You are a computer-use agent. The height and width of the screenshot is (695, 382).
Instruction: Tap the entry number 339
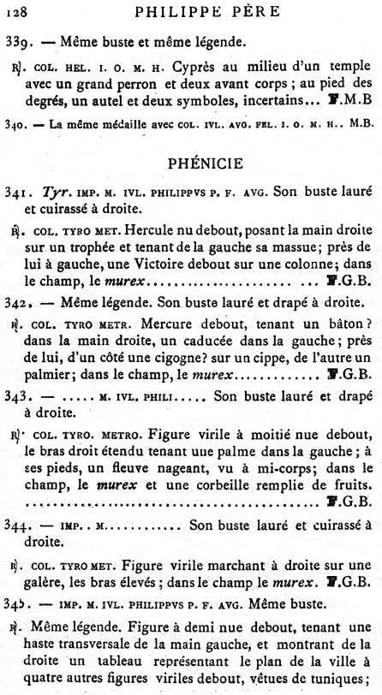pyautogui.click(x=18, y=39)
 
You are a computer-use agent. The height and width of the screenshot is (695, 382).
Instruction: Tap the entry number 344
pyautogui.click(x=17, y=523)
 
